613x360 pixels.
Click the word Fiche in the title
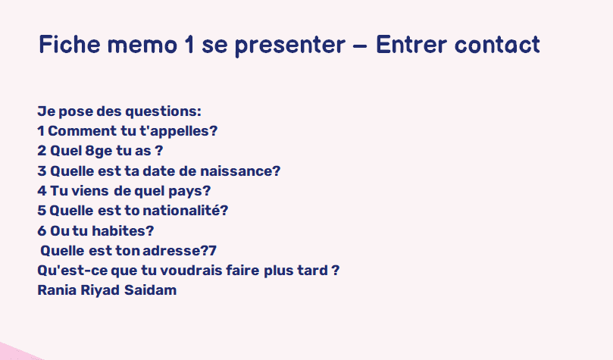coord(70,44)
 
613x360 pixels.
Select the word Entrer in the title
coord(411,44)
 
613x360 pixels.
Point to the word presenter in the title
coord(289,46)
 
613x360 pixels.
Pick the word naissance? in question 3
coord(240,171)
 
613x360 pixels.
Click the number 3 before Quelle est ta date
coord(42,171)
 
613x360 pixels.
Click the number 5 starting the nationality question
coord(42,211)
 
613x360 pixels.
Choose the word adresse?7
coord(179,251)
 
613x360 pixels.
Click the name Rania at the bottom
coord(57,290)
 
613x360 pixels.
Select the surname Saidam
coord(151,290)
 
